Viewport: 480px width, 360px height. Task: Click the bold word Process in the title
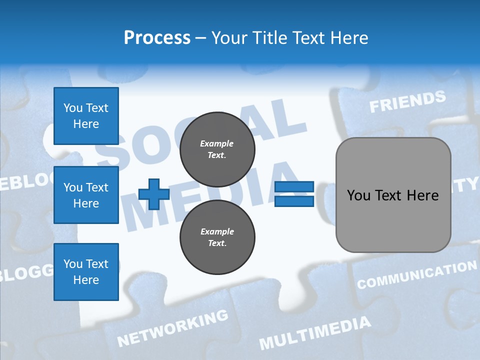[157, 38]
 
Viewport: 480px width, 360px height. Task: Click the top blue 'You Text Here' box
[86, 116]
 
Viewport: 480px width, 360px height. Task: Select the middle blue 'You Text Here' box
[86, 195]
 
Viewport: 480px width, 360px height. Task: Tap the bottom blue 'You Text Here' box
[86, 272]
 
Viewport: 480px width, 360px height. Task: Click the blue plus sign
[154, 194]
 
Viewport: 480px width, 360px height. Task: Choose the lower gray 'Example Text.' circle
[217, 237]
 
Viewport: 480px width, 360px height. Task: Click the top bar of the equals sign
[294, 187]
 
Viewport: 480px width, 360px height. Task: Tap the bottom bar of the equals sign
[294, 201]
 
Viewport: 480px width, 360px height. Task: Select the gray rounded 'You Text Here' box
[393, 195]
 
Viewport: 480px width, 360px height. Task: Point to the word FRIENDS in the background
[407, 101]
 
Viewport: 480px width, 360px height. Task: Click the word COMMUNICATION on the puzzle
[416, 275]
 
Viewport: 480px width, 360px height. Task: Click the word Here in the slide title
[348, 38]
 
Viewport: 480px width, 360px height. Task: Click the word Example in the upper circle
[217, 144]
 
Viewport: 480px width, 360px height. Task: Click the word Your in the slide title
[229, 38]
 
